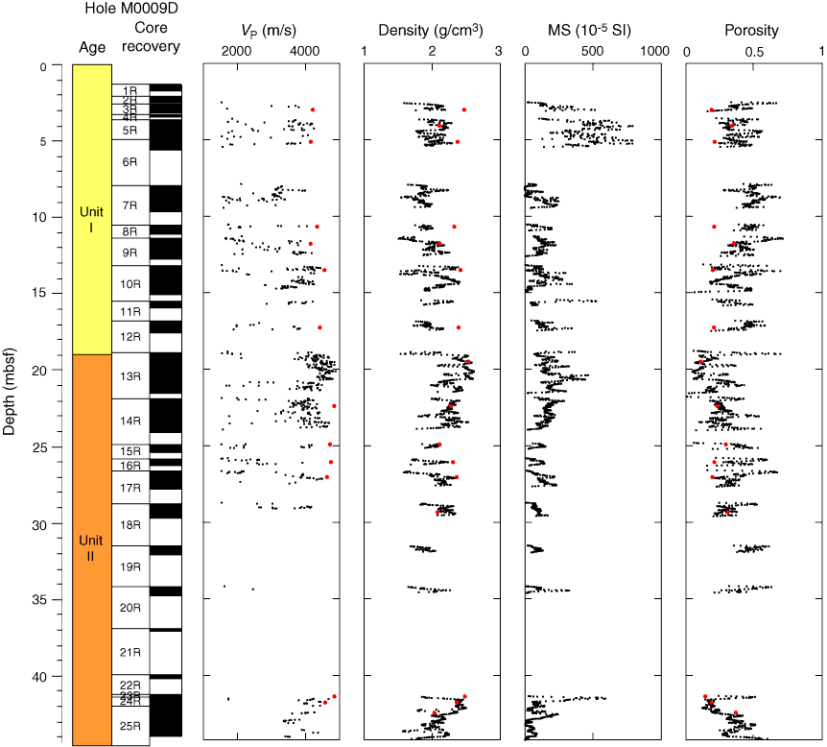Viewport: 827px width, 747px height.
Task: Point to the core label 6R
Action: point(130,162)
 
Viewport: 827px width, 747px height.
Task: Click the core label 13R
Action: point(130,376)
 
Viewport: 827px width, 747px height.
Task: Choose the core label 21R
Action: point(130,653)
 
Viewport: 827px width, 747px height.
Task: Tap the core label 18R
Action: point(130,524)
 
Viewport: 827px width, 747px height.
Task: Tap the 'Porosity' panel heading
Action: point(753,31)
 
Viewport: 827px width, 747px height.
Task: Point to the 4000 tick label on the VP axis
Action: point(305,50)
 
